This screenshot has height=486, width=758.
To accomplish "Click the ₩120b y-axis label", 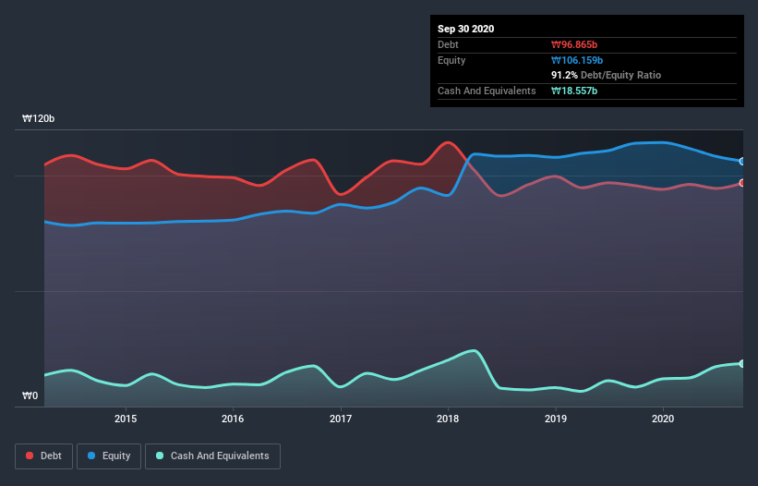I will (x=39, y=119).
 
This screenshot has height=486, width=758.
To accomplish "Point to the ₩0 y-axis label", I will (x=30, y=396).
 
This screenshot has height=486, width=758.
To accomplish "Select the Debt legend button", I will (x=44, y=456).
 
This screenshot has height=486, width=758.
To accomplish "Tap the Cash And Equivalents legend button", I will (x=212, y=456).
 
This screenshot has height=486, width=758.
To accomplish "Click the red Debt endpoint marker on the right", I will (x=741, y=183).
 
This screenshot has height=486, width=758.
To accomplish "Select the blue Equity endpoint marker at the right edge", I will (x=741, y=162).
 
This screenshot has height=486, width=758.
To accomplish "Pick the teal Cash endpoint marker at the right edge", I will (x=741, y=363).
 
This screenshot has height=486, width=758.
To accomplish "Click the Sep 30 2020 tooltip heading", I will (x=466, y=29).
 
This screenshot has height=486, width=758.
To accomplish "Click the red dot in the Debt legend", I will (x=30, y=456).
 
